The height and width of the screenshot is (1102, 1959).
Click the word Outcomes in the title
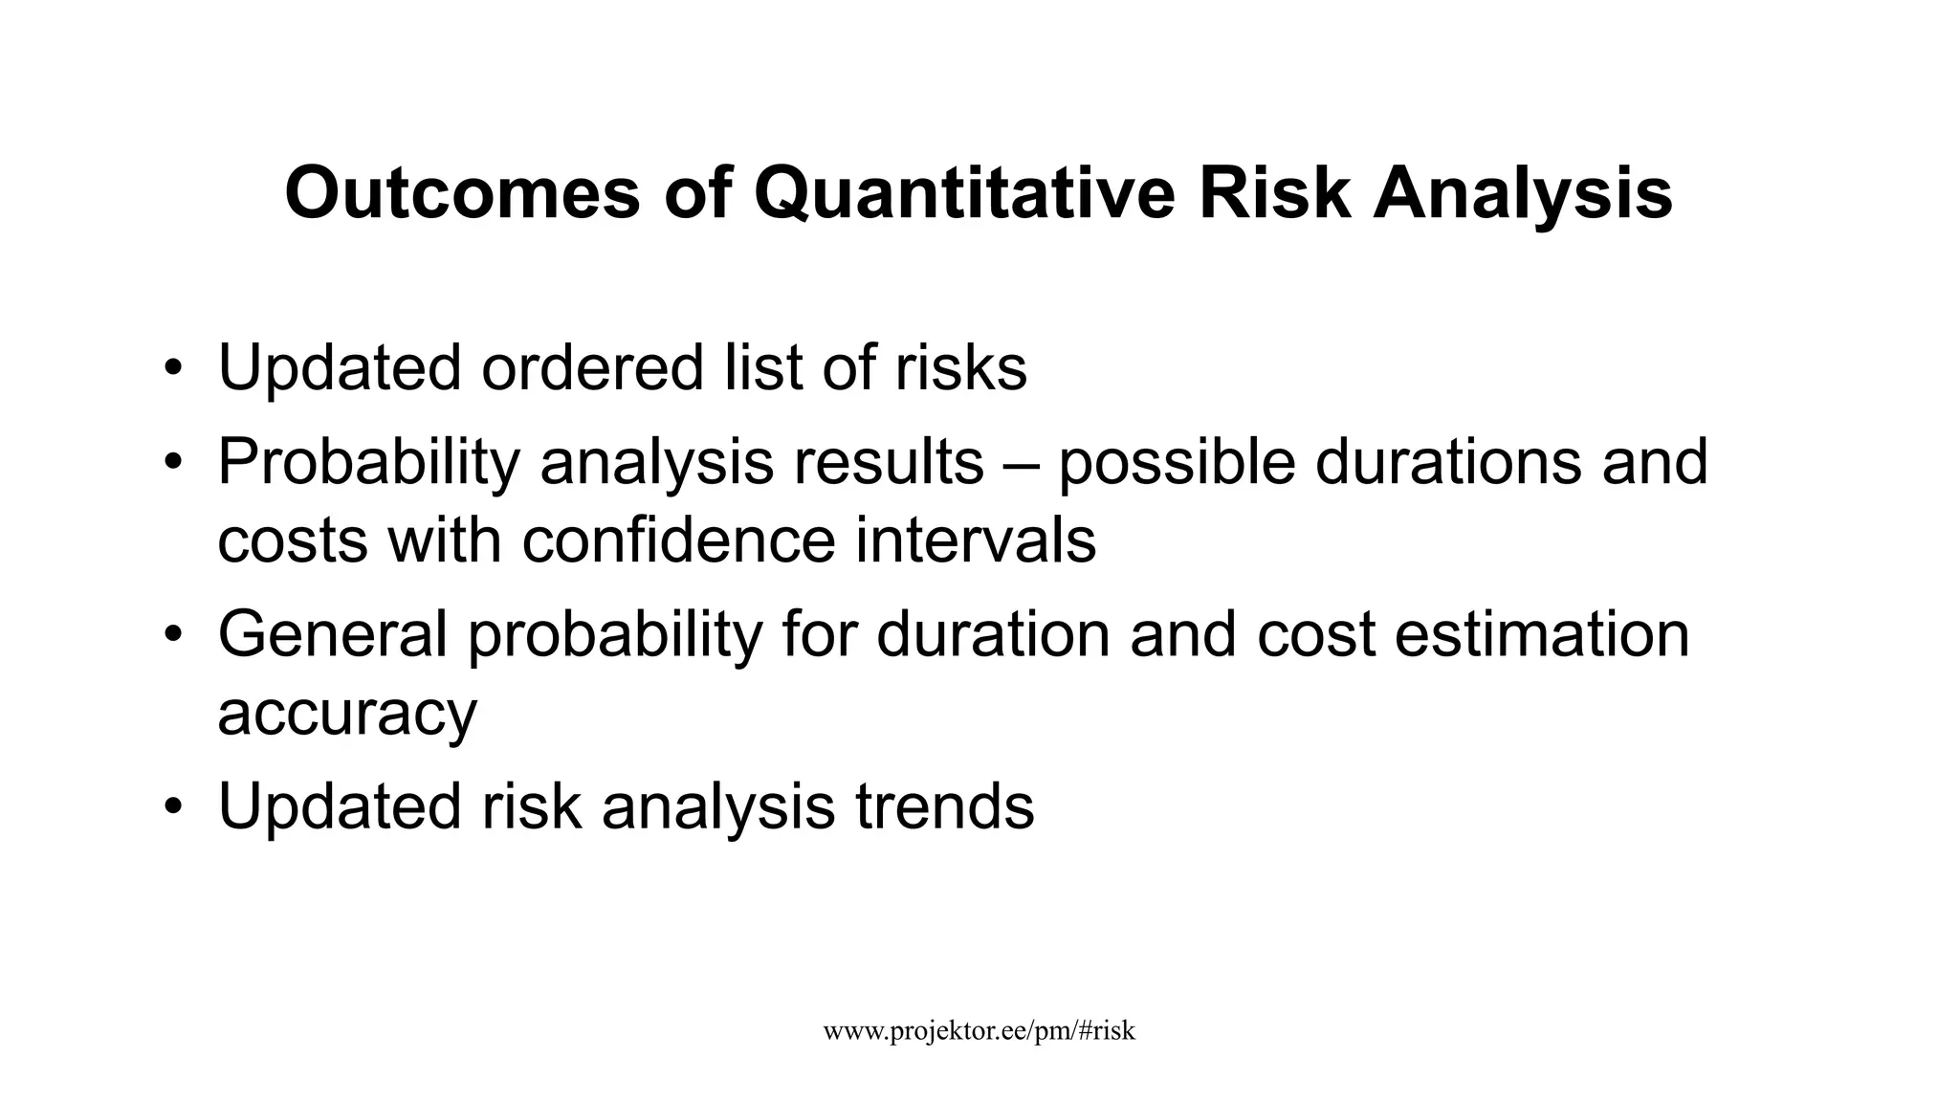pos(462,194)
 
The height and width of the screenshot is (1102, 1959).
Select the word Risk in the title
pos(1274,194)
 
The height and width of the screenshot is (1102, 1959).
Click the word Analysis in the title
pos(1523,194)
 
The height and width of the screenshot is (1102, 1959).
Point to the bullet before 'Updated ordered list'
pos(172,369)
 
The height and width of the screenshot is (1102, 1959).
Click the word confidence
pos(679,540)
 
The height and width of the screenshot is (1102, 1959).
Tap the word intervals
pos(976,540)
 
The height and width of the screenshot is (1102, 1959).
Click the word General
pos(333,635)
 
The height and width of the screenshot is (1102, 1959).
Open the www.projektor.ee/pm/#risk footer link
pos(979,1030)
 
